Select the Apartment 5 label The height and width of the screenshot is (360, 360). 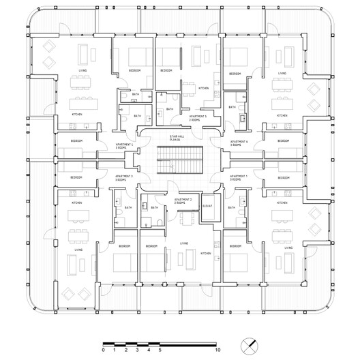198,118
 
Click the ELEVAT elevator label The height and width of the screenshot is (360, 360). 209,205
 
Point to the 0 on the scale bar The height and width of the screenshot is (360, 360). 104,349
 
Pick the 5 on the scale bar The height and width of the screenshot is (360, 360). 160,349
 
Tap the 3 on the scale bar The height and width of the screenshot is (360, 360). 138,349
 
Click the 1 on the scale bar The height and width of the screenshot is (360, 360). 115,349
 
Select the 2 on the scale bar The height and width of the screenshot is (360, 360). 126,349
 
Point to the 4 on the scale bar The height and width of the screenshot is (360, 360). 149,349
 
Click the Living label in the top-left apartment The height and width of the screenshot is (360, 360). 82,70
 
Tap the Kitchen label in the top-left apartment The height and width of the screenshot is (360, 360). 77,114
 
